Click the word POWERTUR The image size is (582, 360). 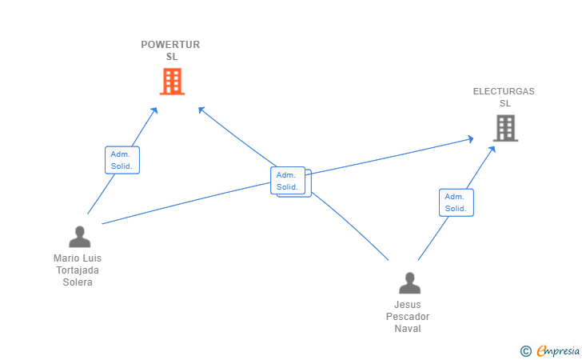point(170,45)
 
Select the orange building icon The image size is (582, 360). point(172,82)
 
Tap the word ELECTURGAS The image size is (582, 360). point(504,91)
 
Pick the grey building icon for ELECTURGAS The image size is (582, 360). point(505,128)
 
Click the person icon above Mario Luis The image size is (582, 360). point(79,237)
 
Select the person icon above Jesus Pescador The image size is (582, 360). point(410,283)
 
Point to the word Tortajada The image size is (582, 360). point(78,270)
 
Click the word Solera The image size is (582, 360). point(78,282)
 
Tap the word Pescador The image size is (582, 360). point(408,317)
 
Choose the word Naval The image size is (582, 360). point(408,329)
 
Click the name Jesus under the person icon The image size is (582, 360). point(408,305)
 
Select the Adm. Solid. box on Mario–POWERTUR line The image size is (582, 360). point(122,160)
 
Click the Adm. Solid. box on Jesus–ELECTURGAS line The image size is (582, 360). point(456,202)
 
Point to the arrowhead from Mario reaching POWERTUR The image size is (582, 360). point(154,110)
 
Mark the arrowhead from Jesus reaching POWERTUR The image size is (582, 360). point(201,110)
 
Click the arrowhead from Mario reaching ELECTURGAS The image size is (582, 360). point(470,139)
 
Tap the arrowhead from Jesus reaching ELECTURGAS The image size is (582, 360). point(492,150)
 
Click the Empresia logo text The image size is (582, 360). point(558,350)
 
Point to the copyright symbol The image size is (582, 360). point(525,351)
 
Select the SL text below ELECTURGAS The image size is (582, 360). point(504,103)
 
